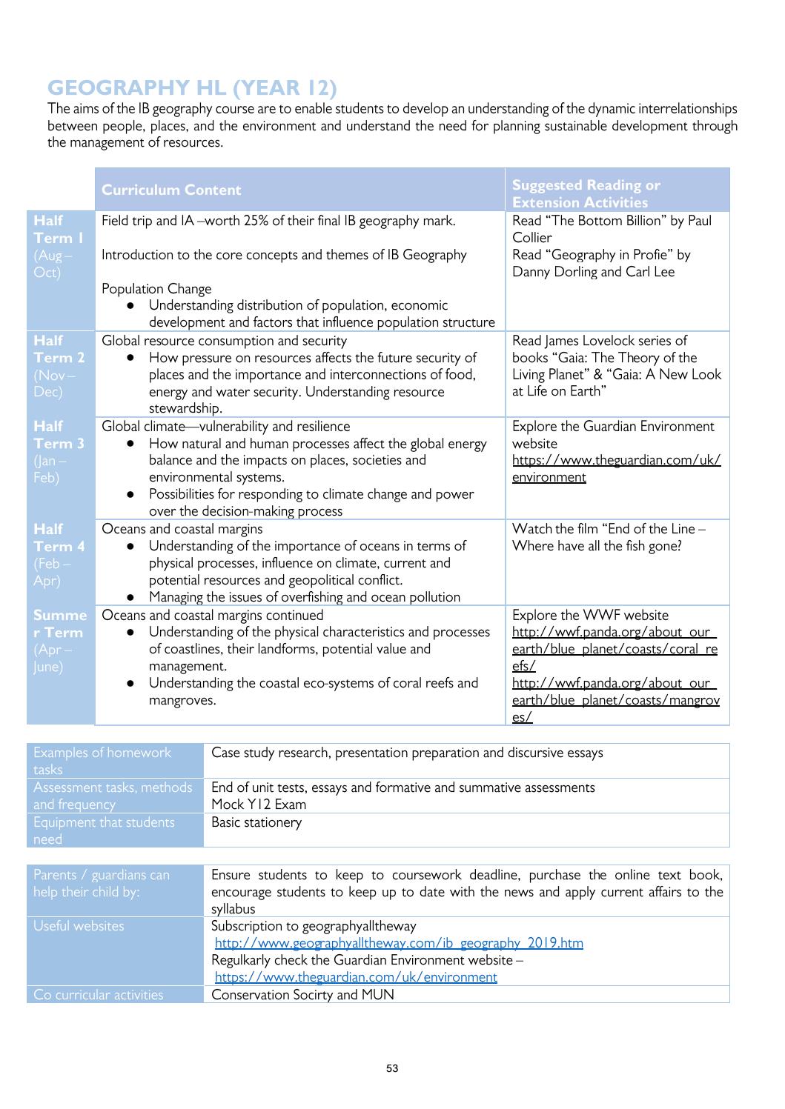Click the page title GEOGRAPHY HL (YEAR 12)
click(x=192, y=88)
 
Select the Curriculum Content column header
click(x=171, y=190)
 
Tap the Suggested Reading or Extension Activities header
click(x=586, y=193)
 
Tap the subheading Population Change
click(x=156, y=289)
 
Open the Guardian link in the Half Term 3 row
click(x=615, y=468)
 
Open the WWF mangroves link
click(x=615, y=700)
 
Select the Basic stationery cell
click(x=256, y=822)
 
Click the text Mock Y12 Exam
click(x=259, y=805)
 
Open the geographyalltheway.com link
click(x=399, y=943)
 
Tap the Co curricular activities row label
click(x=99, y=995)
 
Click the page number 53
click(x=392, y=1069)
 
